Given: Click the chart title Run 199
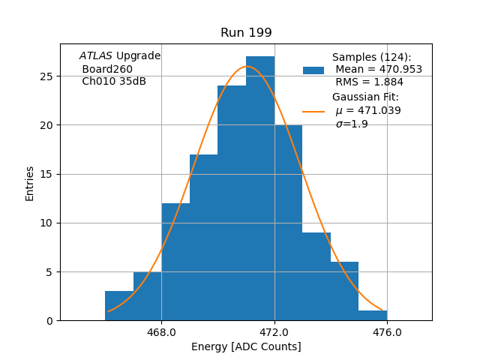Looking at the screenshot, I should tap(246, 33).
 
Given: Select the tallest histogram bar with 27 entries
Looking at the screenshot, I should tap(260, 187).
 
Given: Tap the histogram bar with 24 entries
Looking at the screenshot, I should tap(232, 202).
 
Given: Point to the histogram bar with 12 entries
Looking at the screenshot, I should tap(175, 262).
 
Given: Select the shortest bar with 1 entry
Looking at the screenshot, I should tap(373, 316).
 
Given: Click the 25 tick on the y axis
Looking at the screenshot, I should tap(46, 76).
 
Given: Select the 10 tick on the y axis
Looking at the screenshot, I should tap(46, 223).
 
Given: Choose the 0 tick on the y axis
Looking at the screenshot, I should tap(49, 321).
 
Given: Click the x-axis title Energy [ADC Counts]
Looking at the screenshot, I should tap(246, 346).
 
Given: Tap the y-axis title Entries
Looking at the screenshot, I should tap(30, 184).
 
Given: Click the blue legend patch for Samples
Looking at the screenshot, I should tap(313, 70).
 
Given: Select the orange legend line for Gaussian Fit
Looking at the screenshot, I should tap(313, 111).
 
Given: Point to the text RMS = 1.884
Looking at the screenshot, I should tap(369, 82).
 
